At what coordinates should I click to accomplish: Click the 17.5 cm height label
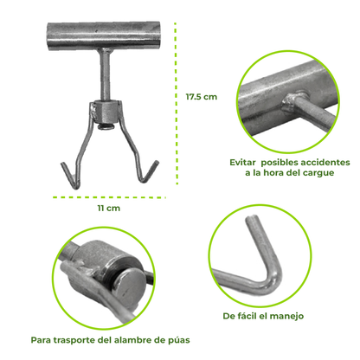coord(202,97)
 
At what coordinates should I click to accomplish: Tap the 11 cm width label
coord(109,209)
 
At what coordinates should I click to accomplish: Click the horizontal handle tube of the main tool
coord(103,35)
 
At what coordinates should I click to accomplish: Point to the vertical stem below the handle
coord(105,74)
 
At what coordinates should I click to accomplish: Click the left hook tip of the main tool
coord(62,164)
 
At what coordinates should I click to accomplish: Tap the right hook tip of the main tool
coord(157,162)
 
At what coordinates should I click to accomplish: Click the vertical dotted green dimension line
coord(176,103)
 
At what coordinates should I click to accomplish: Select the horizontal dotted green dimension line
coord(109,197)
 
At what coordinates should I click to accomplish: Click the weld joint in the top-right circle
coord(293,102)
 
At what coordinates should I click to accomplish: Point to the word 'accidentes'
coord(325,163)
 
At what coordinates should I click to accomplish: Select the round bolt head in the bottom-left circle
coord(129,285)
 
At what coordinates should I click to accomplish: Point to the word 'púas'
coord(179,341)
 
